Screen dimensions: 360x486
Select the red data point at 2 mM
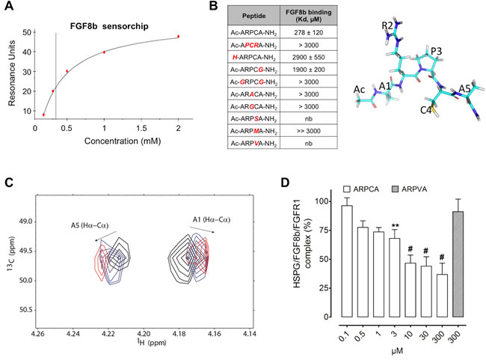coord(179,36)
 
